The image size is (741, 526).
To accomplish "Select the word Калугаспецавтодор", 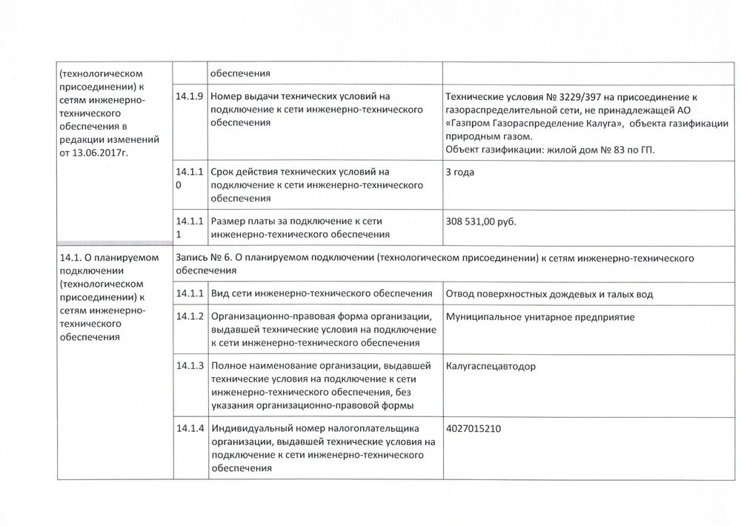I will (x=490, y=366).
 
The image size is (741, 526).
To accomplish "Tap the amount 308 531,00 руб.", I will (x=481, y=221).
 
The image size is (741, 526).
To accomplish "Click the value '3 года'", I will (x=461, y=172).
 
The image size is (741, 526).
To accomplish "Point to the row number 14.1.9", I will (x=189, y=96).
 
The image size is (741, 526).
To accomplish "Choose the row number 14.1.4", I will (x=189, y=429).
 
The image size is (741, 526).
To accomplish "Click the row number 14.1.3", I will (x=189, y=366).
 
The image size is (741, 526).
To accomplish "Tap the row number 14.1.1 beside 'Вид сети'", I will (x=189, y=294).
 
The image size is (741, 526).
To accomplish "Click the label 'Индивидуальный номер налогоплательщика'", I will (x=316, y=429).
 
